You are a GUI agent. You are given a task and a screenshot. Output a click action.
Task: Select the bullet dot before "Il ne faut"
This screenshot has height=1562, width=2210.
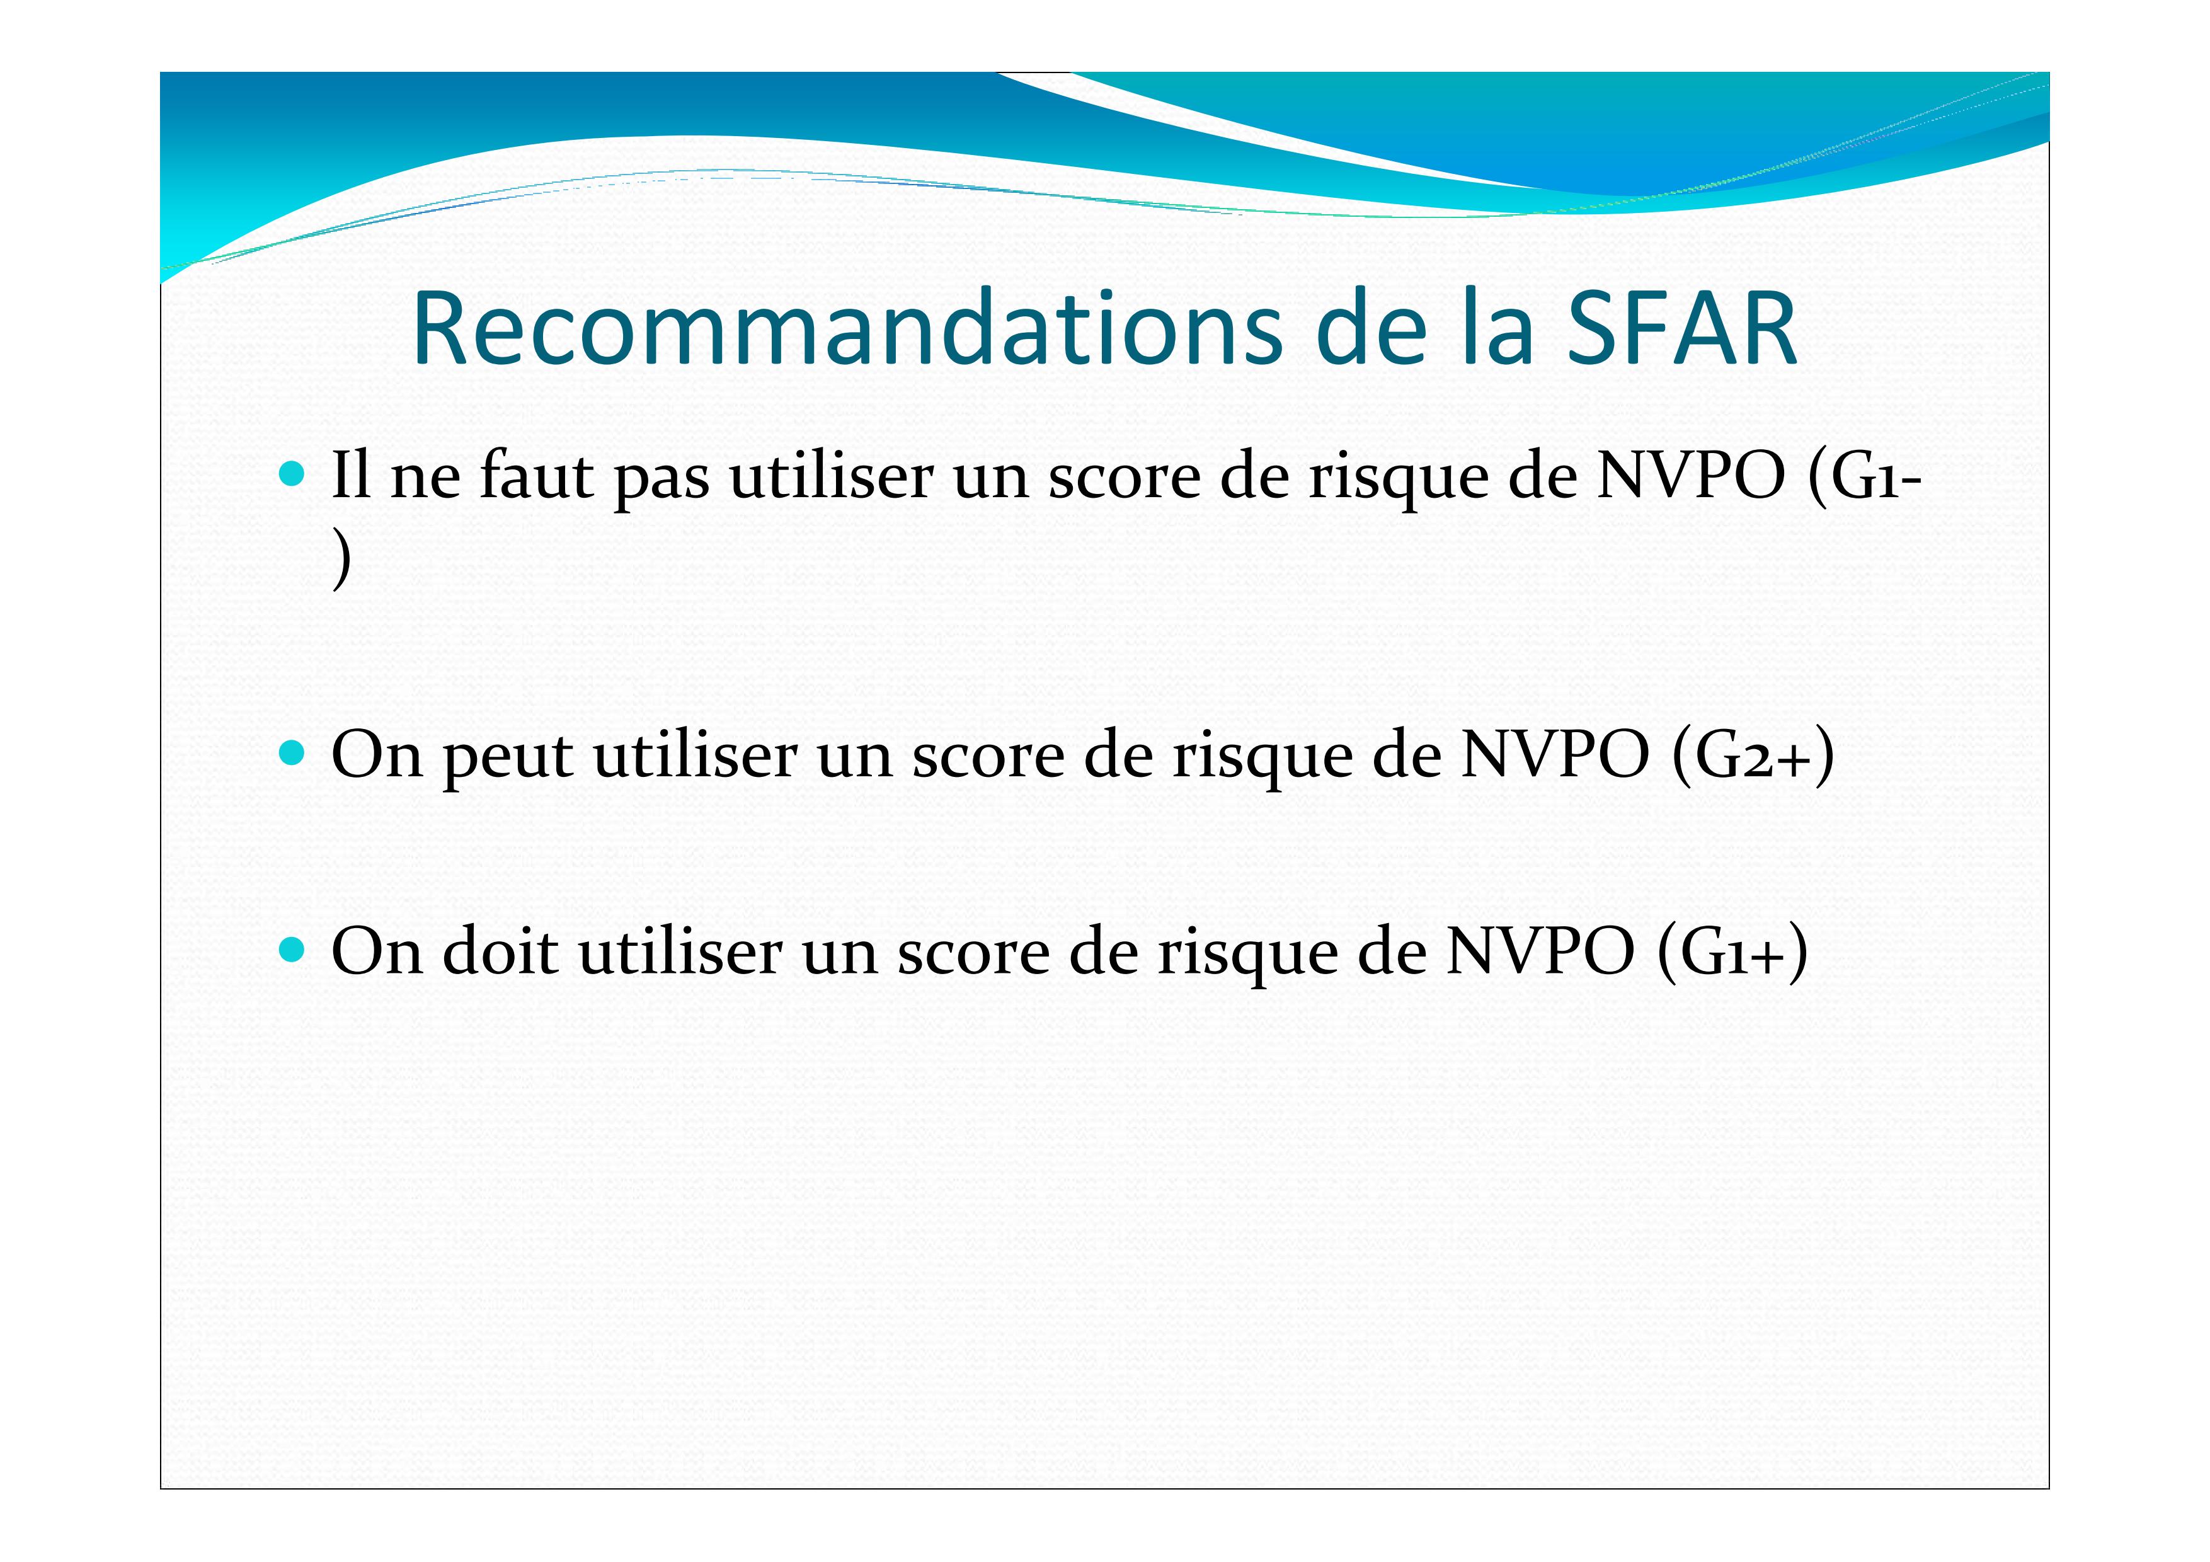click(292, 473)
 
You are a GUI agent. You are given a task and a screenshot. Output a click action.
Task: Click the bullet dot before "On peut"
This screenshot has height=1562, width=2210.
click(292, 752)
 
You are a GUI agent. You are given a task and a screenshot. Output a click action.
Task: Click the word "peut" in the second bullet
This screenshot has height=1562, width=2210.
click(508, 759)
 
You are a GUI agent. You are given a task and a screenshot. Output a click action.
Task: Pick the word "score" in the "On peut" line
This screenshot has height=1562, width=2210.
click(990, 761)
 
